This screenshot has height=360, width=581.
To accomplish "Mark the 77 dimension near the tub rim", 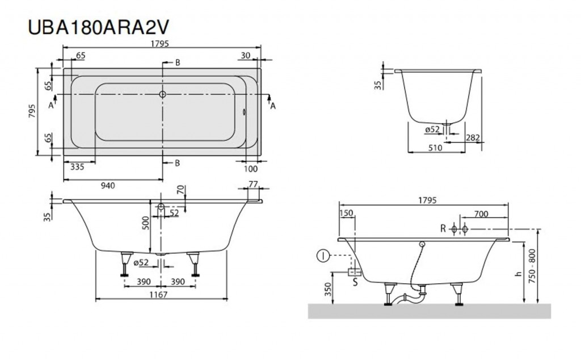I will [x=253, y=185].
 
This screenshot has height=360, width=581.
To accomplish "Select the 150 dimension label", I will [x=346, y=214].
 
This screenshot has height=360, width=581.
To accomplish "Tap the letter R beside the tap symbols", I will [x=443, y=229].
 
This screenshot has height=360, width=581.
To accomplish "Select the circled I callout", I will [x=323, y=257].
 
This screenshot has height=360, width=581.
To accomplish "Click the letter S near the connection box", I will [x=355, y=281].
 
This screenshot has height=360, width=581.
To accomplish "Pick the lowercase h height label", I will [x=517, y=273].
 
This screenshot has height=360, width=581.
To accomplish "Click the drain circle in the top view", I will [x=162, y=95].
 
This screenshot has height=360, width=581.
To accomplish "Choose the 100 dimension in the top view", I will [x=251, y=169].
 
